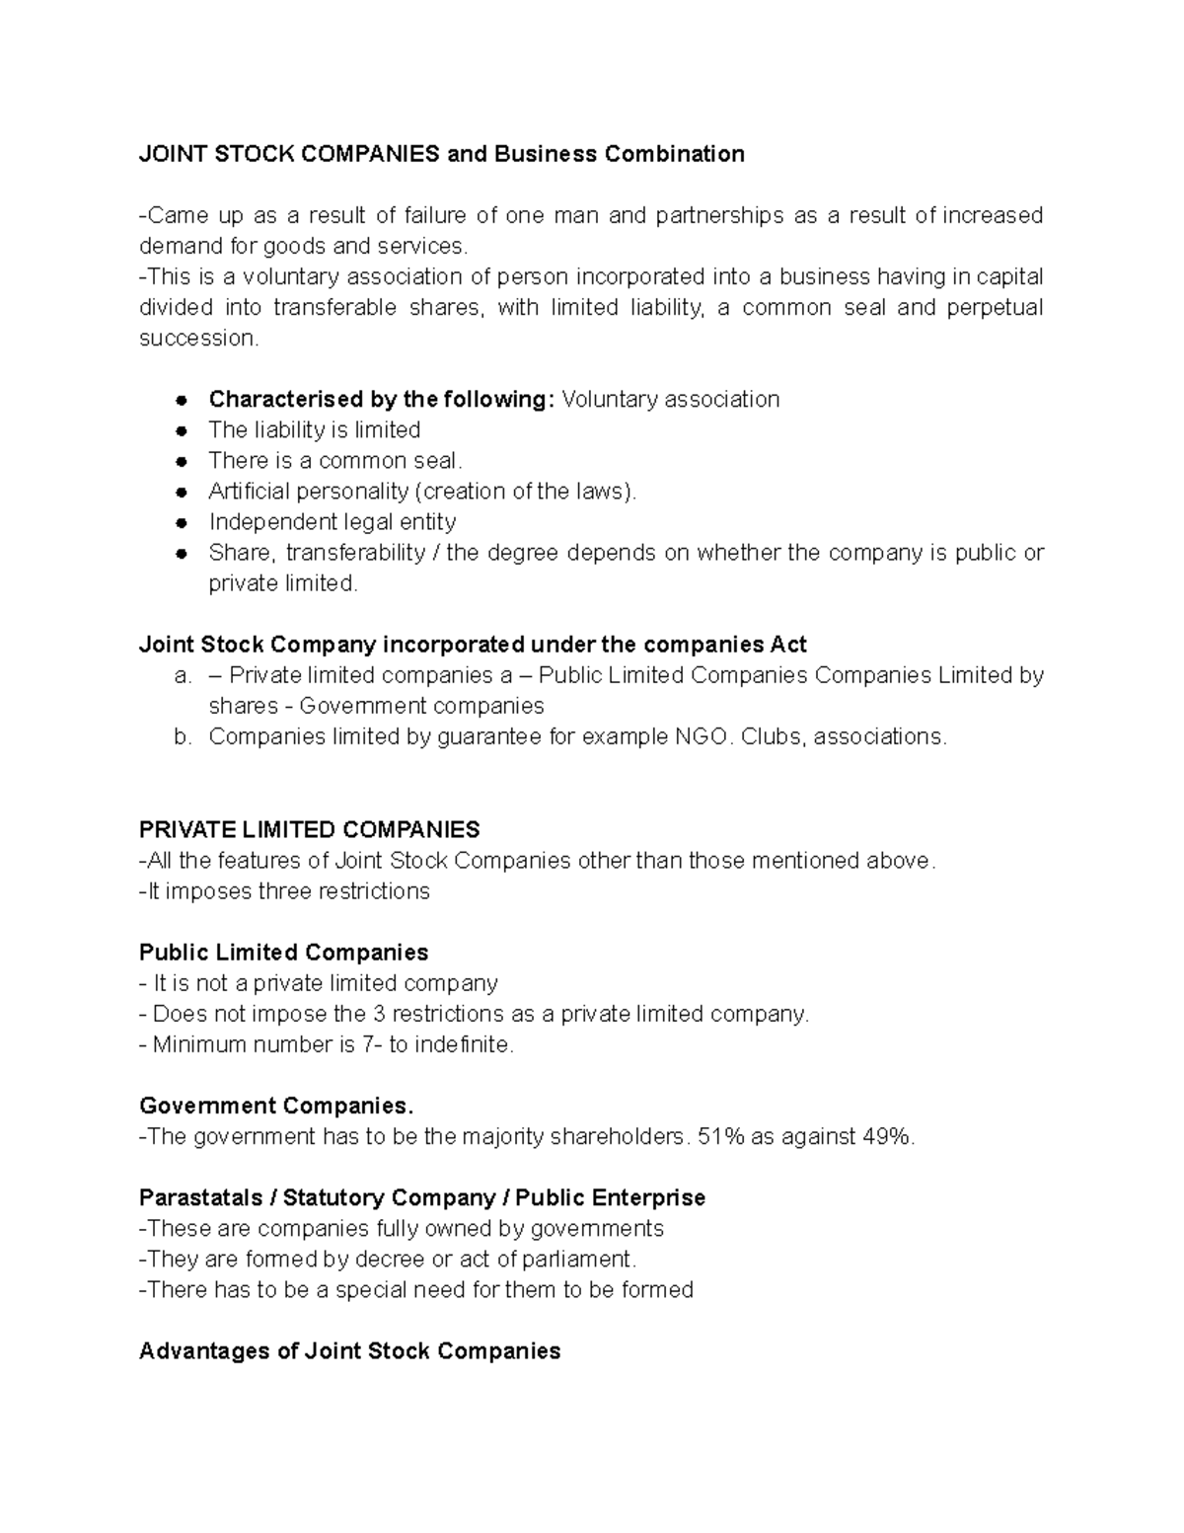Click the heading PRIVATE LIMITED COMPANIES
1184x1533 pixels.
pyautogui.click(x=309, y=829)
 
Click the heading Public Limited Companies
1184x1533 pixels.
pyautogui.click(x=283, y=953)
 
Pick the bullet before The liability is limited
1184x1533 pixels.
pyautogui.click(x=182, y=431)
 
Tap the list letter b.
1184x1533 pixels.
pyautogui.click(x=182, y=737)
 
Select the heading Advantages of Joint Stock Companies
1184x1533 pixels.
pyautogui.click(x=349, y=1351)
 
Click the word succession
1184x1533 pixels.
pyautogui.click(x=197, y=339)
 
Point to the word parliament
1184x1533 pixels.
pyautogui.click(x=578, y=1260)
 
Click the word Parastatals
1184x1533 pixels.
pyautogui.click(x=200, y=1198)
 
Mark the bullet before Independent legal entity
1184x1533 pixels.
pyautogui.click(x=182, y=523)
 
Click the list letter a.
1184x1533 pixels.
pyautogui.click(x=182, y=676)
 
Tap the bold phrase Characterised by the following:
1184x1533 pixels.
pyautogui.click(x=381, y=400)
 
